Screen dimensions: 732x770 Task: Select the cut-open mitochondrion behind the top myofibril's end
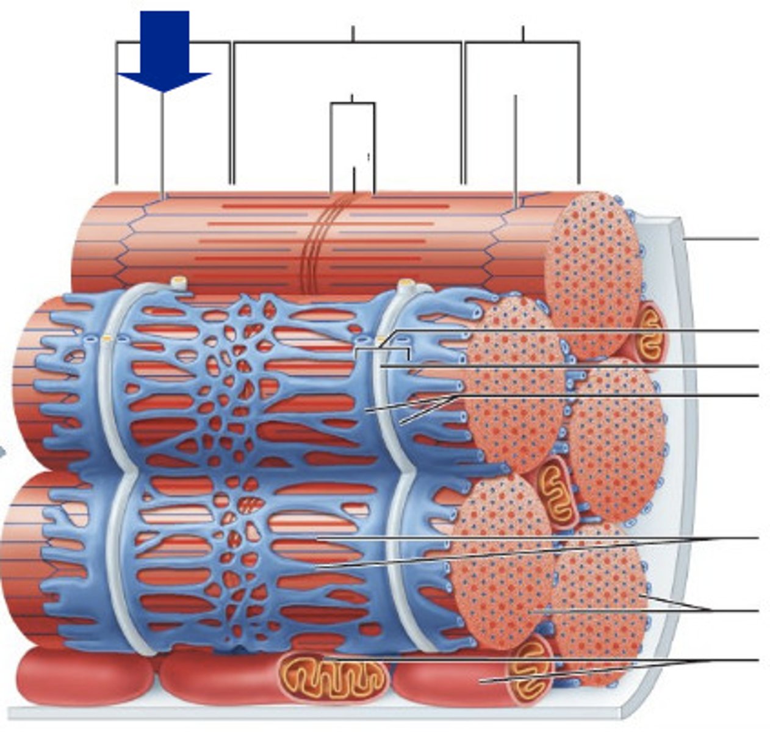[x=648, y=332]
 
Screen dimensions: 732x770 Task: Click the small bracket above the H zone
[x=353, y=104]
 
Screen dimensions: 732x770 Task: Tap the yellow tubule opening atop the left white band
[x=179, y=282]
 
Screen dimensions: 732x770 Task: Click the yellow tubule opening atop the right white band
[x=406, y=284]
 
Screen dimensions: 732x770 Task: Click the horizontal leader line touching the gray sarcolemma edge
[x=723, y=239]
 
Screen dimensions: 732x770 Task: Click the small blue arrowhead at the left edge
[x=2, y=452]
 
